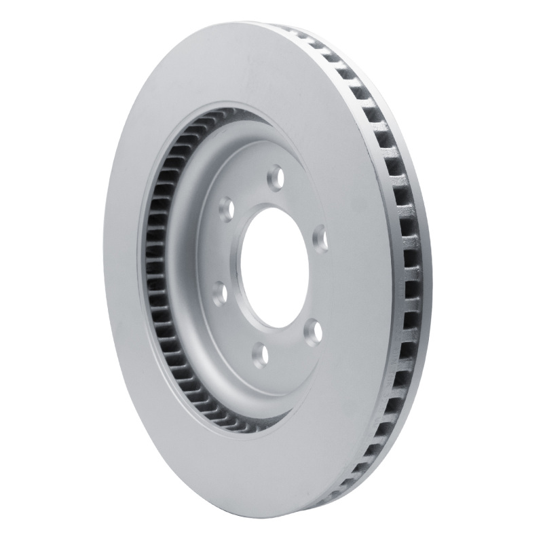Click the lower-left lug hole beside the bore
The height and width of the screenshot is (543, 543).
(219, 293)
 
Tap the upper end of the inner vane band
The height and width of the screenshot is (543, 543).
(197, 123)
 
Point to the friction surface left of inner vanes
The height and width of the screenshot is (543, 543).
(122, 271)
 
